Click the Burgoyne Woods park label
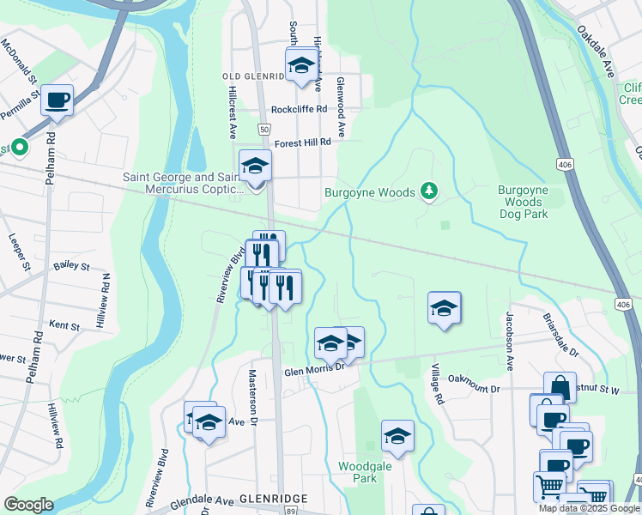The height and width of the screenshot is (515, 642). pyautogui.click(x=371, y=192)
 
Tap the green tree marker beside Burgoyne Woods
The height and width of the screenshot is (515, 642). pyautogui.click(x=430, y=191)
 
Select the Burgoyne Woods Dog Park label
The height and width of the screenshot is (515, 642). pyautogui.click(x=524, y=202)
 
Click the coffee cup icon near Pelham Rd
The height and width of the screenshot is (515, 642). pyautogui.click(x=58, y=100)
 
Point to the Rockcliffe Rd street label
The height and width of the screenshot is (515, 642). pyautogui.click(x=299, y=110)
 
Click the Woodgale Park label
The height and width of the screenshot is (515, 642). pyautogui.click(x=358, y=471)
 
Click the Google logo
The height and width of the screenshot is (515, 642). pyautogui.click(x=28, y=504)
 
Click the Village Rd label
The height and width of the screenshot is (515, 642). pyautogui.click(x=438, y=385)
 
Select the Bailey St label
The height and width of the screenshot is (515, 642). pyautogui.click(x=71, y=267)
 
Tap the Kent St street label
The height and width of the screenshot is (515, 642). pyautogui.click(x=64, y=326)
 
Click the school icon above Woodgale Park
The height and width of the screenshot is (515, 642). pyautogui.click(x=397, y=436)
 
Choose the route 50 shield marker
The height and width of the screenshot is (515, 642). pyautogui.click(x=263, y=128)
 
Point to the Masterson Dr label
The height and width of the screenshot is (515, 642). pyautogui.click(x=254, y=397)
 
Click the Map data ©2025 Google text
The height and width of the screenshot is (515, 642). pyautogui.click(x=589, y=508)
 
